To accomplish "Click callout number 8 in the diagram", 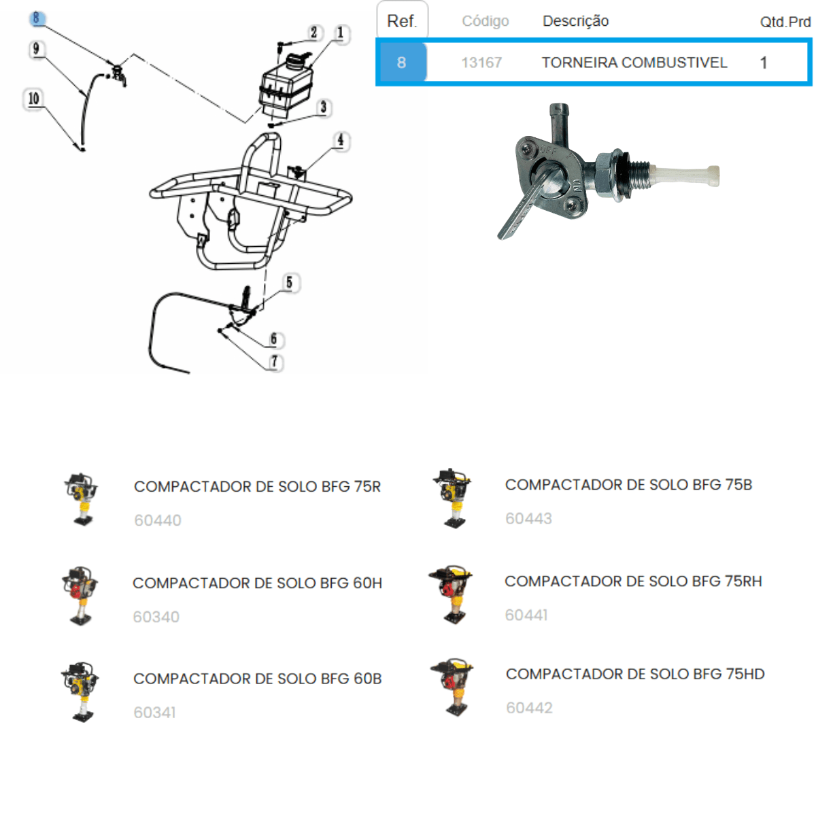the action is [x=37, y=18].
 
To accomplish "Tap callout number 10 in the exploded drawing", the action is [x=33, y=99].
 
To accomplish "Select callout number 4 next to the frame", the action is [x=340, y=140].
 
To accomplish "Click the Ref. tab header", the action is [x=402, y=21].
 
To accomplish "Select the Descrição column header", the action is [x=575, y=21].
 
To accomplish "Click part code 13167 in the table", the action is [x=481, y=63].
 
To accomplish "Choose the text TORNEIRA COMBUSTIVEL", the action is [x=634, y=63].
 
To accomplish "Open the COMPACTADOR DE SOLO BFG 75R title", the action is [x=257, y=486].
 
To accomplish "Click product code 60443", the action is [x=528, y=518].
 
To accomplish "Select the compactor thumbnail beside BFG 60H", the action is [x=80, y=595].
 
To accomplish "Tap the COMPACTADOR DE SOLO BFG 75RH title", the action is [x=632, y=581].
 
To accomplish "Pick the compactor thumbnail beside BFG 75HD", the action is [x=452, y=687].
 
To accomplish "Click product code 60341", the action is [x=154, y=712].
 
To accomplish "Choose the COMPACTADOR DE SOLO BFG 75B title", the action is [x=628, y=484].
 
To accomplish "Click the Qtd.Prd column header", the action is [x=785, y=22].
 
